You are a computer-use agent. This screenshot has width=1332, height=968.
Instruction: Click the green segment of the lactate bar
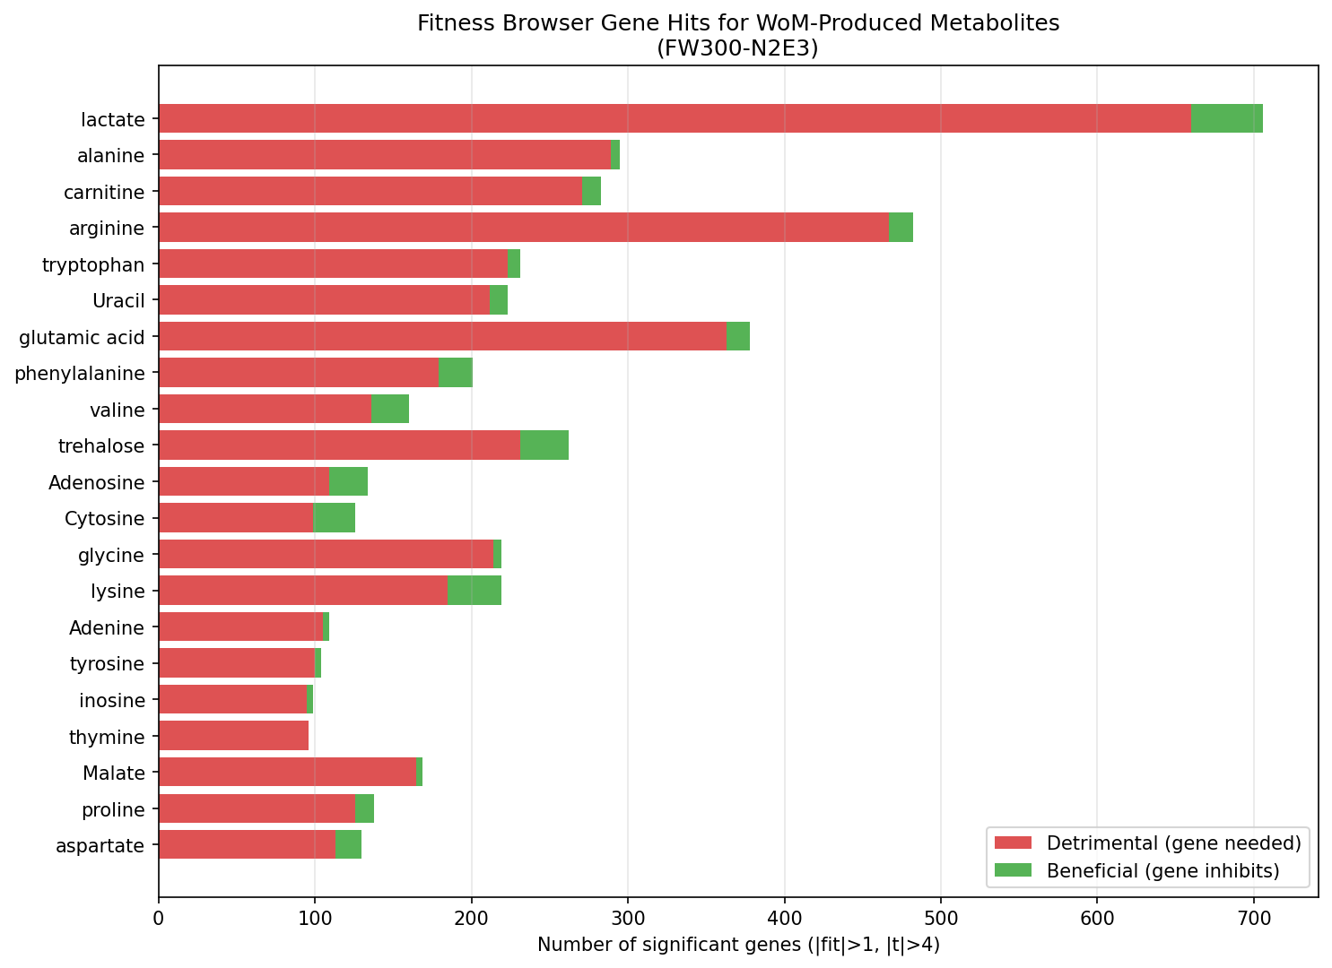[x=1226, y=118]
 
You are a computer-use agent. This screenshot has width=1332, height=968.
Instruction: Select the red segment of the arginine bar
[x=524, y=228]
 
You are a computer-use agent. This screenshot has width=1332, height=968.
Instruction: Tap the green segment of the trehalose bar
[x=544, y=445]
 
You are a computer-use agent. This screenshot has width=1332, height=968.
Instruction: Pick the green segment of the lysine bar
[x=474, y=591]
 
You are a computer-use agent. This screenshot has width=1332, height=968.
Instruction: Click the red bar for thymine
[x=233, y=737]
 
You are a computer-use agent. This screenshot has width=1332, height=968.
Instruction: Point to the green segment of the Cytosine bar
[x=335, y=518]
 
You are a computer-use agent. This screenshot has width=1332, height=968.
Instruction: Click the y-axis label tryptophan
[x=93, y=264]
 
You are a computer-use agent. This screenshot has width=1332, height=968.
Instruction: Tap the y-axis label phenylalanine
[x=80, y=373]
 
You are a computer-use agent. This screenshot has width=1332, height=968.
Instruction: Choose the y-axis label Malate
[x=114, y=774]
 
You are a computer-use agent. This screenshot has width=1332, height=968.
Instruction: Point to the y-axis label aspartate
[x=100, y=846]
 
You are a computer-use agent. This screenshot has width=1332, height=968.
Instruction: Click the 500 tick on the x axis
[x=941, y=917]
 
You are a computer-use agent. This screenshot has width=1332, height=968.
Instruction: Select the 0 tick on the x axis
[x=159, y=917]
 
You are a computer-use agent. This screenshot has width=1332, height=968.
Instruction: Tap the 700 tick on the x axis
[x=1254, y=917]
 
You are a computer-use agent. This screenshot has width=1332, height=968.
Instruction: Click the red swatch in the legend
[x=1014, y=843]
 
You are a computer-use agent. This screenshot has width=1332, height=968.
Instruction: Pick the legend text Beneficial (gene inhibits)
[x=1162, y=870]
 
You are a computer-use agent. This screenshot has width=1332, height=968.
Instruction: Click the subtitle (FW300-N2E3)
[x=737, y=48]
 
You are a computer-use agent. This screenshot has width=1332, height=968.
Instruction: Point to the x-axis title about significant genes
[x=737, y=945]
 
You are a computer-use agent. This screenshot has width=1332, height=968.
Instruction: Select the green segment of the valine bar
[x=390, y=409]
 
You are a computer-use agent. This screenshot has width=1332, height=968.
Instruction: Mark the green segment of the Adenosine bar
[x=348, y=481]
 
